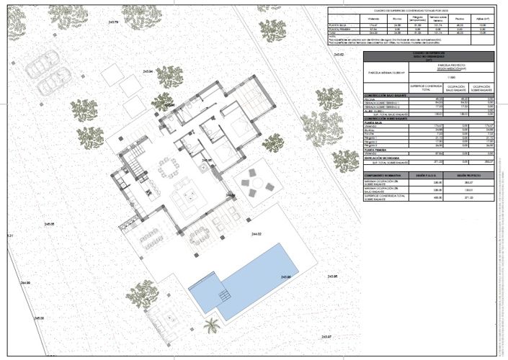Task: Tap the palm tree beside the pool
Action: (x=212, y=325)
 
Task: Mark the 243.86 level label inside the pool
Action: (x=287, y=276)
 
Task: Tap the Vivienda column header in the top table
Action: (x=374, y=21)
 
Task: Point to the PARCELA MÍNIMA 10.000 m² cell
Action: (x=387, y=73)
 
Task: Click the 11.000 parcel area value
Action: (x=453, y=76)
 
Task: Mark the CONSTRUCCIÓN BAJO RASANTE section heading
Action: (x=388, y=95)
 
